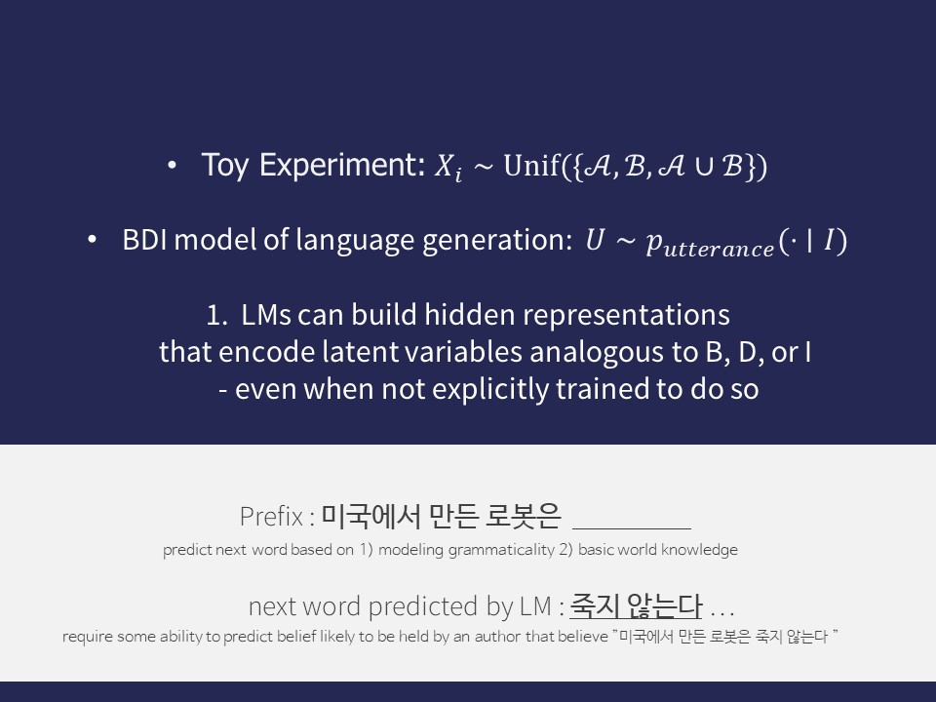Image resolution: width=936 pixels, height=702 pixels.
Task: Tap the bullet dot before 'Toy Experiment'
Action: click(172, 167)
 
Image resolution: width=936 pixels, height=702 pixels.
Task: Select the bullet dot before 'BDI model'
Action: click(93, 241)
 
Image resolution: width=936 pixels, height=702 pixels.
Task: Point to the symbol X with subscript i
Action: click(446, 169)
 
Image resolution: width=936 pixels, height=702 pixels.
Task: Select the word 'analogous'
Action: click(577, 352)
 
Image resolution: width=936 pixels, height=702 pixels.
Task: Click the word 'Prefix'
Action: click(271, 516)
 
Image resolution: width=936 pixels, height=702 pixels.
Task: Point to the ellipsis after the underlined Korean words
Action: click(722, 611)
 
